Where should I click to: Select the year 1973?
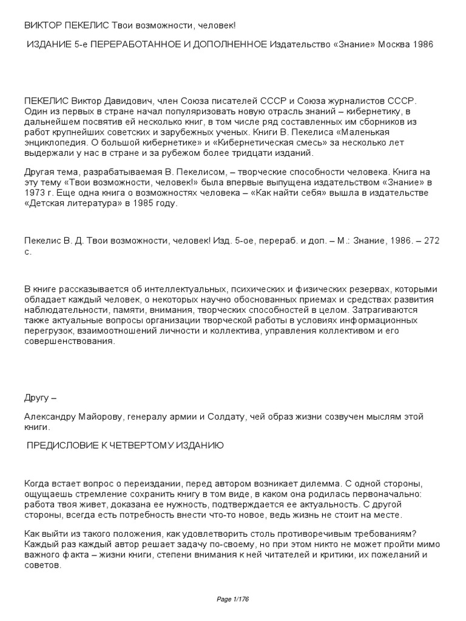click(x=35, y=193)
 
